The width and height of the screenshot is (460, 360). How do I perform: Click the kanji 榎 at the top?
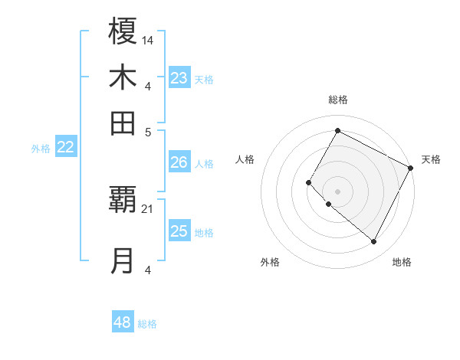pyautogui.click(x=123, y=32)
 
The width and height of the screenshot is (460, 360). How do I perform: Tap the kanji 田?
pyautogui.click(x=123, y=123)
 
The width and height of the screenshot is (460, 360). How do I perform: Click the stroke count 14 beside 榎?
pyautogui.click(x=148, y=39)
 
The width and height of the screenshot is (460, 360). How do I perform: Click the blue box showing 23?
pyautogui.click(x=179, y=78)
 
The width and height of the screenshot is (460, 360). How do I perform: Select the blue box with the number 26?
pyautogui.click(x=179, y=162)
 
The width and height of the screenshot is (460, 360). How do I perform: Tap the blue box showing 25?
pyautogui.click(x=179, y=231)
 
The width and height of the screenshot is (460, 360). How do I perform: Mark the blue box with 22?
pyautogui.click(x=65, y=148)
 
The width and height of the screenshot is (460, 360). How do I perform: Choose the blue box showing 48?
pyautogui.click(x=123, y=322)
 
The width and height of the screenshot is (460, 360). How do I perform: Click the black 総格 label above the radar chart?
pyautogui.click(x=337, y=100)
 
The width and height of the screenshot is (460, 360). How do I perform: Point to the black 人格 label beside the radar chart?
pyautogui.click(x=245, y=159)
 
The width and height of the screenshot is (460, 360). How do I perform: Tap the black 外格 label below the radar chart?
pyautogui.click(x=270, y=262)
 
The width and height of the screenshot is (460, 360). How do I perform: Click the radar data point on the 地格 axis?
pyautogui.click(x=374, y=242)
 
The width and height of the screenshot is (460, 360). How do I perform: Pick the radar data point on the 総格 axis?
pyautogui.click(x=337, y=130)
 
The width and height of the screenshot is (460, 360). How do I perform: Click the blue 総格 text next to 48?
pyautogui.click(x=147, y=324)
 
